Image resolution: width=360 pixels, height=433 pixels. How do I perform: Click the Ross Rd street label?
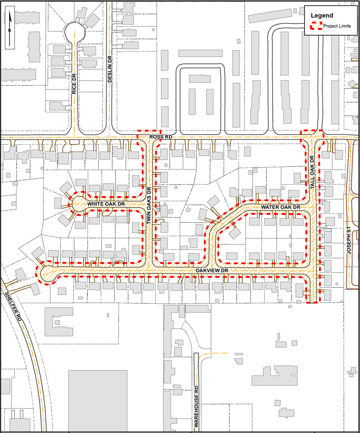[161, 137]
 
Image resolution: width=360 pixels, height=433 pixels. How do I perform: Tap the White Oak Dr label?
[106, 204]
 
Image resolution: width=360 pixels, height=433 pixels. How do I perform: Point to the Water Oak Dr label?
[280, 207]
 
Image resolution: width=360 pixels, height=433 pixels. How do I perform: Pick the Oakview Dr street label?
[211, 271]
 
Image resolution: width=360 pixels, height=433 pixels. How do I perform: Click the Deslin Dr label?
[110, 69]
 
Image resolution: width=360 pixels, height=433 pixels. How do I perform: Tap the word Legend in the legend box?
[322, 15]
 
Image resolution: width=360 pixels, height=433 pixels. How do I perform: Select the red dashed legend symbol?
[316, 26]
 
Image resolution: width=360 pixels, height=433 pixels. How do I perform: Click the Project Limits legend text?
[337, 26]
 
